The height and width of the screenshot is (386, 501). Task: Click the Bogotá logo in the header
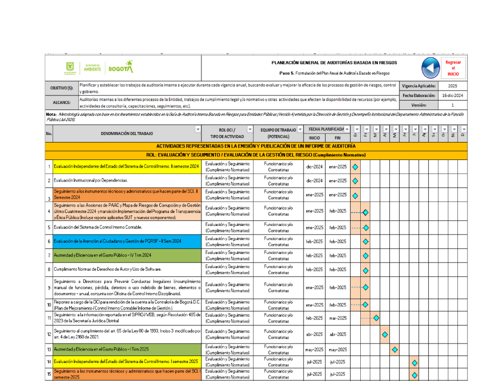(121, 67)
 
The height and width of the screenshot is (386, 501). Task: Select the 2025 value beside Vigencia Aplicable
(452, 86)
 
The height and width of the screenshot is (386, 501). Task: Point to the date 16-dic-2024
(452, 95)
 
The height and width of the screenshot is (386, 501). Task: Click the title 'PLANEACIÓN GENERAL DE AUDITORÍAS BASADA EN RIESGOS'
(334, 62)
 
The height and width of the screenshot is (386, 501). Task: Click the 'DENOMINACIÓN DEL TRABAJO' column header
(127, 133)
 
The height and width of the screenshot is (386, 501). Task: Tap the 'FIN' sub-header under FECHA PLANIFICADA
(338, 137)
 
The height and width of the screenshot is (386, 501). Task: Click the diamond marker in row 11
(376, 318)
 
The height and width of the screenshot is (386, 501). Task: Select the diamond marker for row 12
(385, 334)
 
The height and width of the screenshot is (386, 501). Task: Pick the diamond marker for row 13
(395, 349)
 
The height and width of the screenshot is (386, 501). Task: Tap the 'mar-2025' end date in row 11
(338, 318)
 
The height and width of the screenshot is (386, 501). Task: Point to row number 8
(49, 269)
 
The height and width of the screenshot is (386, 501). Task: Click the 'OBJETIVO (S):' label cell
(62, 88)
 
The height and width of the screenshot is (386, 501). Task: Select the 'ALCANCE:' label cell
(62, 102)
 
